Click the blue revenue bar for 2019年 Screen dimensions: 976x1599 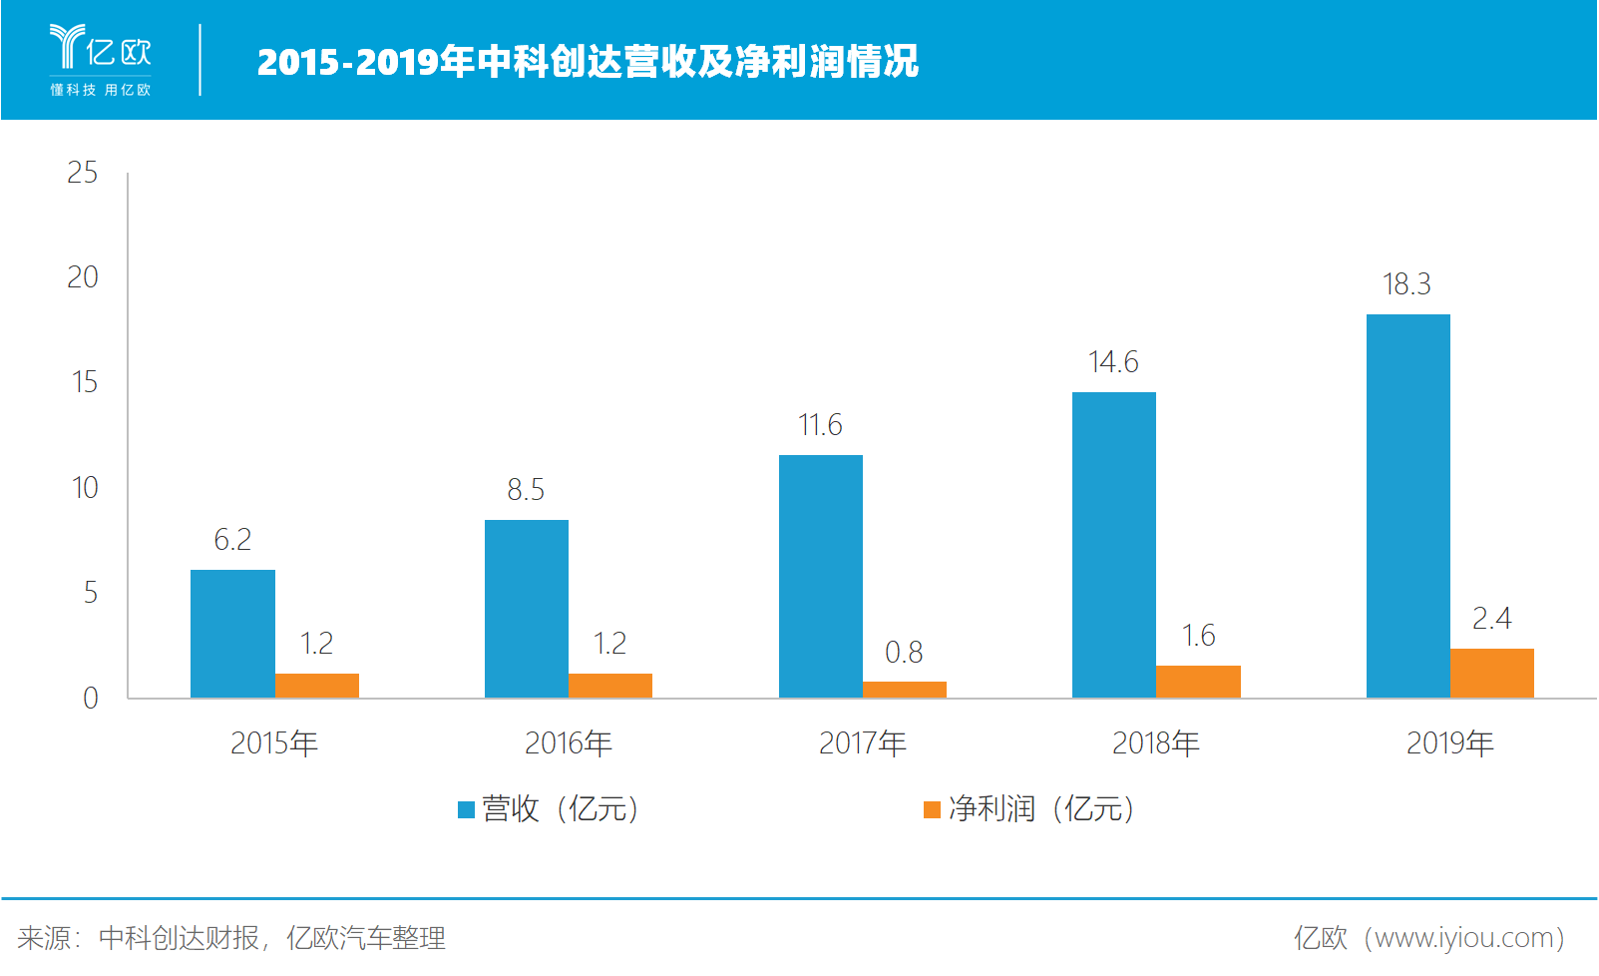(x=1407, y=506)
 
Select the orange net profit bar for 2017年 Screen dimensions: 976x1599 (x=904, y=690)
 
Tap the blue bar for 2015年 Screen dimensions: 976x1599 (x=232, y=634)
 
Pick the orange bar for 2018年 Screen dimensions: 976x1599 (x=1198, y=682)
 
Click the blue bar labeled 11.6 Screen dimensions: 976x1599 (x=820, y=576)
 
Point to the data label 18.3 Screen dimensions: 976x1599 (x=1406, y=284)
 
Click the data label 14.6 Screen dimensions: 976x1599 (x=1113, y=362)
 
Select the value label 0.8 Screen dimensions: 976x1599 (x=904, y=653)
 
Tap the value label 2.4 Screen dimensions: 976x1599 (x=1491, y=619)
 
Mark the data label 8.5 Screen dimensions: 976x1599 (x=526, y=490)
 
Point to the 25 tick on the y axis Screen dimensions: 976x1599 (x=83, y=173)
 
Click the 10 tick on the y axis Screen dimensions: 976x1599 (x=85, y=488)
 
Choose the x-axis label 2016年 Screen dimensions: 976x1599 (x=569, y=743)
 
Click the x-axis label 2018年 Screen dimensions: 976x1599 (x=1156, y=743)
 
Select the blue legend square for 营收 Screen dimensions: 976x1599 (x=466, y=809)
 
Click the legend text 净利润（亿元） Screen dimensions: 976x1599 (x=1041, y=808)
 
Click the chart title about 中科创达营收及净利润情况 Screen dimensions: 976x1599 (x=588, y=62)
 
